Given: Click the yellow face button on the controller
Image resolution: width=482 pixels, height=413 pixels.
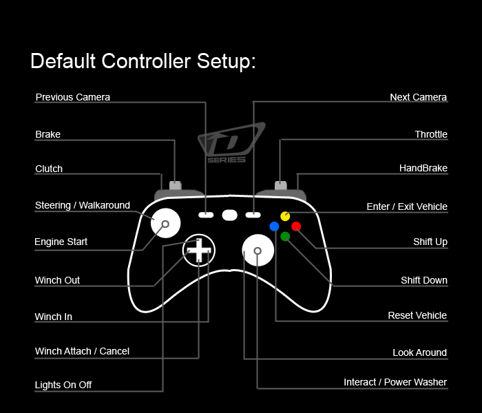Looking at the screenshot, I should pyautogui.click(x=285, y=216).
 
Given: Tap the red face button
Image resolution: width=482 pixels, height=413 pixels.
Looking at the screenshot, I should pyautogui.click(x=296, y=226).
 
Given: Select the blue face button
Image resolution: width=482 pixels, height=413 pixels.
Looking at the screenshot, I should pyautogui.click(x=275, y=226).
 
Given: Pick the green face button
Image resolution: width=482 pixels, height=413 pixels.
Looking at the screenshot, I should pyautogui.click(x=285, y=236).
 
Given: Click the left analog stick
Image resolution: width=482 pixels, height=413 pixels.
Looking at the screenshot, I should pyautogui.click(x=165, y=224).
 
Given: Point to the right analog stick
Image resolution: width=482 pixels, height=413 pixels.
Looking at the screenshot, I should pyautogui.click(x=257, y=251).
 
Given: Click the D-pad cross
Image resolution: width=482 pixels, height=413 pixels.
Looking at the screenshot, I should pyautogui.click(x=198, y=250).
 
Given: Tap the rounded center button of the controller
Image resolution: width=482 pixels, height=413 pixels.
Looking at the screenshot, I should pyautogui.click(x=230, y=215).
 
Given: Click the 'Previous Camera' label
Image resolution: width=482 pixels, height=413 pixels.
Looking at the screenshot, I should pyautogui.click(x=72, y=97).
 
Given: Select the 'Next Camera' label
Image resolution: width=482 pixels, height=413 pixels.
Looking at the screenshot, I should pyautogui.click(x=418, y=97).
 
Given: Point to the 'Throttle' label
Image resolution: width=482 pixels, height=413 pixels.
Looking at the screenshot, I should pyautogui.click(x=431, y=134).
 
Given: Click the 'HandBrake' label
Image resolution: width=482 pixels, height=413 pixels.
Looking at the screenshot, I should pyautogui.click(x=423, y=168).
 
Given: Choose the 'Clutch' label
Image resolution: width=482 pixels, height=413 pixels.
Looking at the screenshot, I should pyautogui.click(x=49, y=169).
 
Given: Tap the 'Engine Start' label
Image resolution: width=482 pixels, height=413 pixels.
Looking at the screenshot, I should pyautogui.click(x=61, y=242).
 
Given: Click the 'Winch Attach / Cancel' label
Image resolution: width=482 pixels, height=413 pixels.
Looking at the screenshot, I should pyautogui.click(x=82, y=351).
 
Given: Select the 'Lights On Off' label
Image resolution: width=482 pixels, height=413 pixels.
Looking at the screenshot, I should pyautogui.click(x=63, y=385).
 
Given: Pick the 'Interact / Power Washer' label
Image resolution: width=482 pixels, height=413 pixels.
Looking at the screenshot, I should pyautogui.click(x=395, y=382).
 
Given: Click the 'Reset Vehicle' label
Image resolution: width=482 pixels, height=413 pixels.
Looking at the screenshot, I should pyautogui.click(x=417, y=315).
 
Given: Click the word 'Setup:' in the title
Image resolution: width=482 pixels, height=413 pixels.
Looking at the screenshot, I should pyautogui.click(x=226, y=61).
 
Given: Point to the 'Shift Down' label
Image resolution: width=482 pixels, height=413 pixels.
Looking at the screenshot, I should pyautogui.click(x=423, y=280).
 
